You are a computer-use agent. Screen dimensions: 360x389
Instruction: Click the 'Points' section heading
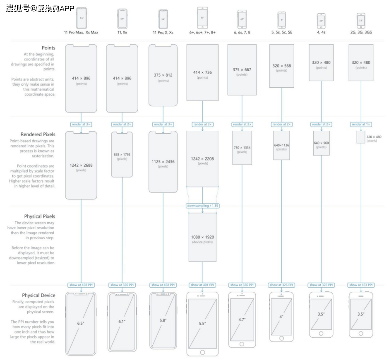[x=48, y=48]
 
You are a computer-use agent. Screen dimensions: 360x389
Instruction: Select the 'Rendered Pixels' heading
[x=38, y=134]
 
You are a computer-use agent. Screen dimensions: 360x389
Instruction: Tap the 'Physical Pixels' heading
[x=39, y=216]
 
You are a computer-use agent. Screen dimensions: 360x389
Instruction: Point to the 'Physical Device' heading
[x=38, y=295]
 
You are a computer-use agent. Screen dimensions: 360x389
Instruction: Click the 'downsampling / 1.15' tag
[x=202, y=206]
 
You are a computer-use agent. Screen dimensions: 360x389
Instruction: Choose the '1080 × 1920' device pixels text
[x=202, y=237]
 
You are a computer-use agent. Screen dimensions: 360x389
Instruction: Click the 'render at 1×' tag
[x=361, y=124]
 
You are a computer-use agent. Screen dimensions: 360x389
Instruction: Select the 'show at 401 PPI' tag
[x=202, y=285]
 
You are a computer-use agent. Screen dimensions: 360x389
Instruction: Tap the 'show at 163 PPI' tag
[x=361, y=285]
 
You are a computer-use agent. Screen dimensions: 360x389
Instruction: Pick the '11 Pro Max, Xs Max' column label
[x=81, y=32]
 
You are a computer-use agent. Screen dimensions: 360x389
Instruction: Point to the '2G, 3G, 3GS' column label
[x=361, y=32]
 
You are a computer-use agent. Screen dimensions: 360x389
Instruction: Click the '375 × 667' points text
[x=242, y=70]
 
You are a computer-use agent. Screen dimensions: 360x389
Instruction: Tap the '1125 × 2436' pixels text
[x=163, y=162]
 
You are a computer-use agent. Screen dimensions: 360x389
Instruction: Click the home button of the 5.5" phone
[x=202, y=352]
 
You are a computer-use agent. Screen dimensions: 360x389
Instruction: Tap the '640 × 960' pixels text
[x=322, y=143]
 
